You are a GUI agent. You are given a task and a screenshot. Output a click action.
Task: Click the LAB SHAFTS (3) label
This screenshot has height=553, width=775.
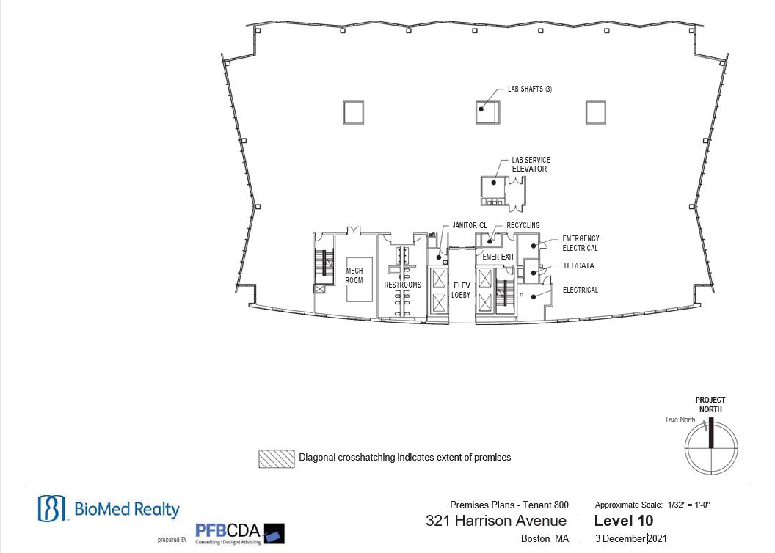[530, 89]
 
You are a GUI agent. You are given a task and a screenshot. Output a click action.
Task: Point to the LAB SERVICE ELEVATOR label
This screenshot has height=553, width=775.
[531, 164]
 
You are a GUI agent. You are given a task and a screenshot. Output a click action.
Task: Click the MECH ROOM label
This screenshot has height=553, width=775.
[354, 276]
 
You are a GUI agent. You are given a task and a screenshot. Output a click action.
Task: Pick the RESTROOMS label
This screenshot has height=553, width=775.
[403, 285]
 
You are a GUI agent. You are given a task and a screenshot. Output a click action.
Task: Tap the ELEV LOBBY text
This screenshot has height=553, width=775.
[461, 290]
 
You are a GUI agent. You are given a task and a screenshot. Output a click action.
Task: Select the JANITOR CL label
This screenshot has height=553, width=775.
[470, 226]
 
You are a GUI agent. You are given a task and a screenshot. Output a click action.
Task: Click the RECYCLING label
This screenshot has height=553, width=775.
[523, 226]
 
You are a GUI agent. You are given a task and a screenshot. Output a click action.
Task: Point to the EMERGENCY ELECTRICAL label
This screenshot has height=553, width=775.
[581, 243]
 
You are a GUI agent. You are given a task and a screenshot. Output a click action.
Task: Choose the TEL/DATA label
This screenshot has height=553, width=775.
[578, 265]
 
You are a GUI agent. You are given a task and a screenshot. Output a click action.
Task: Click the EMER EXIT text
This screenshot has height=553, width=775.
[498, 257]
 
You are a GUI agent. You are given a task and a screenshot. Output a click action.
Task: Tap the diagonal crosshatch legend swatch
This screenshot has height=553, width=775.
[276, 458]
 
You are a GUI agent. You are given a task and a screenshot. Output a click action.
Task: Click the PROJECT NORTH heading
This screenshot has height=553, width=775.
[710, 405]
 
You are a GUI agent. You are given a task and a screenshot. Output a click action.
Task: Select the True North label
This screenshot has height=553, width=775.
[680, 420]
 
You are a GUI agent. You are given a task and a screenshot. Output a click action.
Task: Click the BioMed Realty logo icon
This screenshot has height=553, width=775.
[52, 508]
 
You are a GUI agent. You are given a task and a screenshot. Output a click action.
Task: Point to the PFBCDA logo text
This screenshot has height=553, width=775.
[228, 531]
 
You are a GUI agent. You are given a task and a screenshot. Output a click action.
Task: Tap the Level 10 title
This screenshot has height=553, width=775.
[624, 521]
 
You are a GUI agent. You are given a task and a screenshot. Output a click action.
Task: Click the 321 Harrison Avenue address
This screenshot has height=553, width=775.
[496, 521]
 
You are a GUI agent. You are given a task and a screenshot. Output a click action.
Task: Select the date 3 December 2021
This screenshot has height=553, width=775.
[631, 538]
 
